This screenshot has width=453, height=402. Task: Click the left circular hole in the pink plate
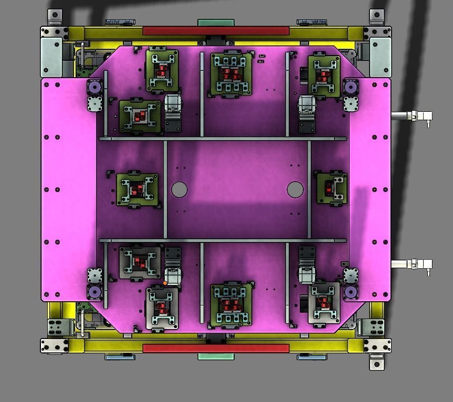tap(179, 189)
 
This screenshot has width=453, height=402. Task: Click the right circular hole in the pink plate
tap(295, 189)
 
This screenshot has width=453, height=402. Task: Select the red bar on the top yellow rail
tap(216, 31)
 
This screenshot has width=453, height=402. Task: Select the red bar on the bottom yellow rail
tap(216, 348)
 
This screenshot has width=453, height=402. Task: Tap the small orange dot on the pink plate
tap(165, 283)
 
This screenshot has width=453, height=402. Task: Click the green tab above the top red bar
tap(216, 23)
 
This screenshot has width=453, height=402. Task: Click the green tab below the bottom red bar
tap(216, 357)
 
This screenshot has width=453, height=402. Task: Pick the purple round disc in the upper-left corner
tap(94, 87)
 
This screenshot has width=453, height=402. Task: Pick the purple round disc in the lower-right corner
tap(350, 292)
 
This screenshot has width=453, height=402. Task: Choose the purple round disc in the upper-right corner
tap(350, 87)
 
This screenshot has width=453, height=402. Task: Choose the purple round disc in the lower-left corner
tap(94, 292)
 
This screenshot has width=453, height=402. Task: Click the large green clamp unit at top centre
tap(230, 74)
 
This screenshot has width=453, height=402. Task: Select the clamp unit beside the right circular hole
tap(332, 188)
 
